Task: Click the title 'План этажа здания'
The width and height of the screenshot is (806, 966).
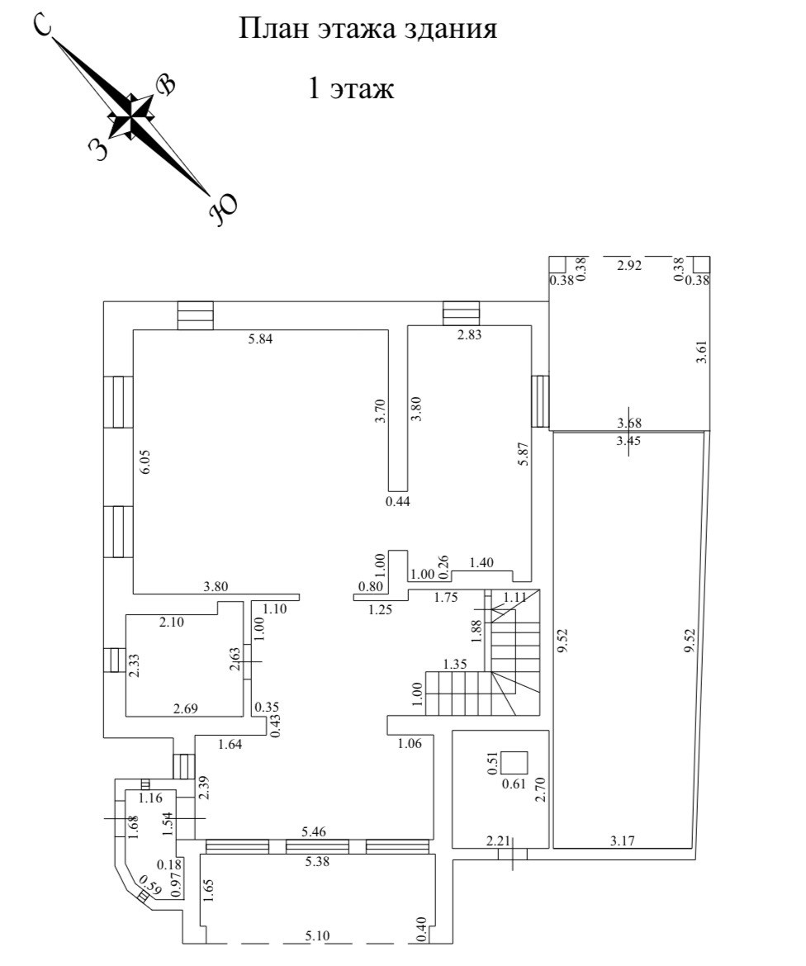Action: click(x=367, y=31)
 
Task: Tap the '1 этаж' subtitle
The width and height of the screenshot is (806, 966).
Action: click(x=350, y=88)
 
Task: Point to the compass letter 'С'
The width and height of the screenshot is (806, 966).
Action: click(x=42, y=26)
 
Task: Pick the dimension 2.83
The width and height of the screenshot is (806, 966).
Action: click(x=468, y=334)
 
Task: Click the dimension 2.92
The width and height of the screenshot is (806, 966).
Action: click(x=629, y=265)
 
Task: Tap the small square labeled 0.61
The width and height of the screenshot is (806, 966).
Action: click(x=514, y=761)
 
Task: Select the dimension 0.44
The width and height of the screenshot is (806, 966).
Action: click(x=398, y=500)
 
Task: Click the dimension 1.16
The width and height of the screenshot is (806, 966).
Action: click(x=150, y=798)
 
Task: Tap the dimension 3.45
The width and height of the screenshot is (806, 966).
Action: click(x=629, y=440)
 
